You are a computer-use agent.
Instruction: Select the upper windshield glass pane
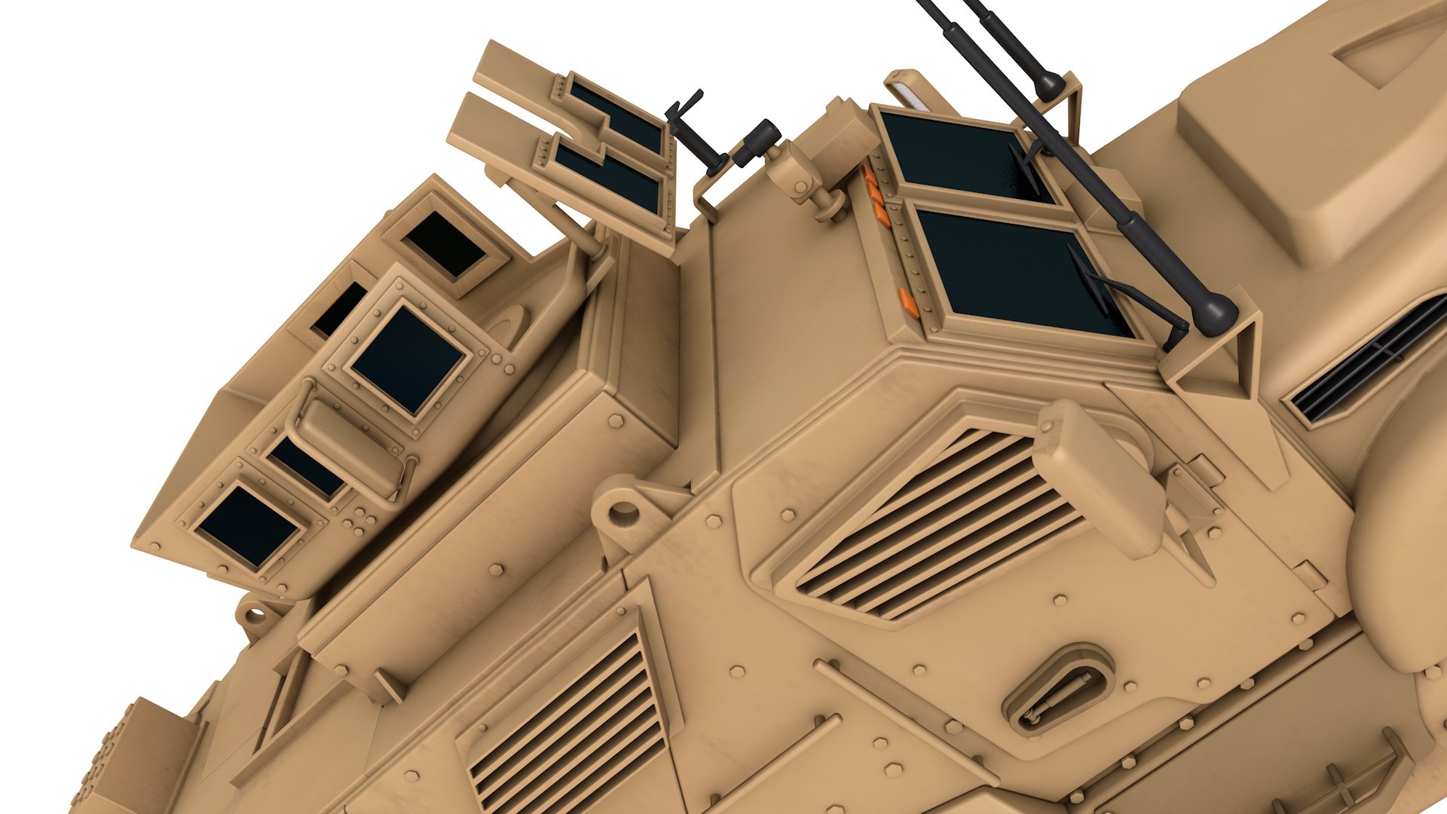[x=965, y=159]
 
